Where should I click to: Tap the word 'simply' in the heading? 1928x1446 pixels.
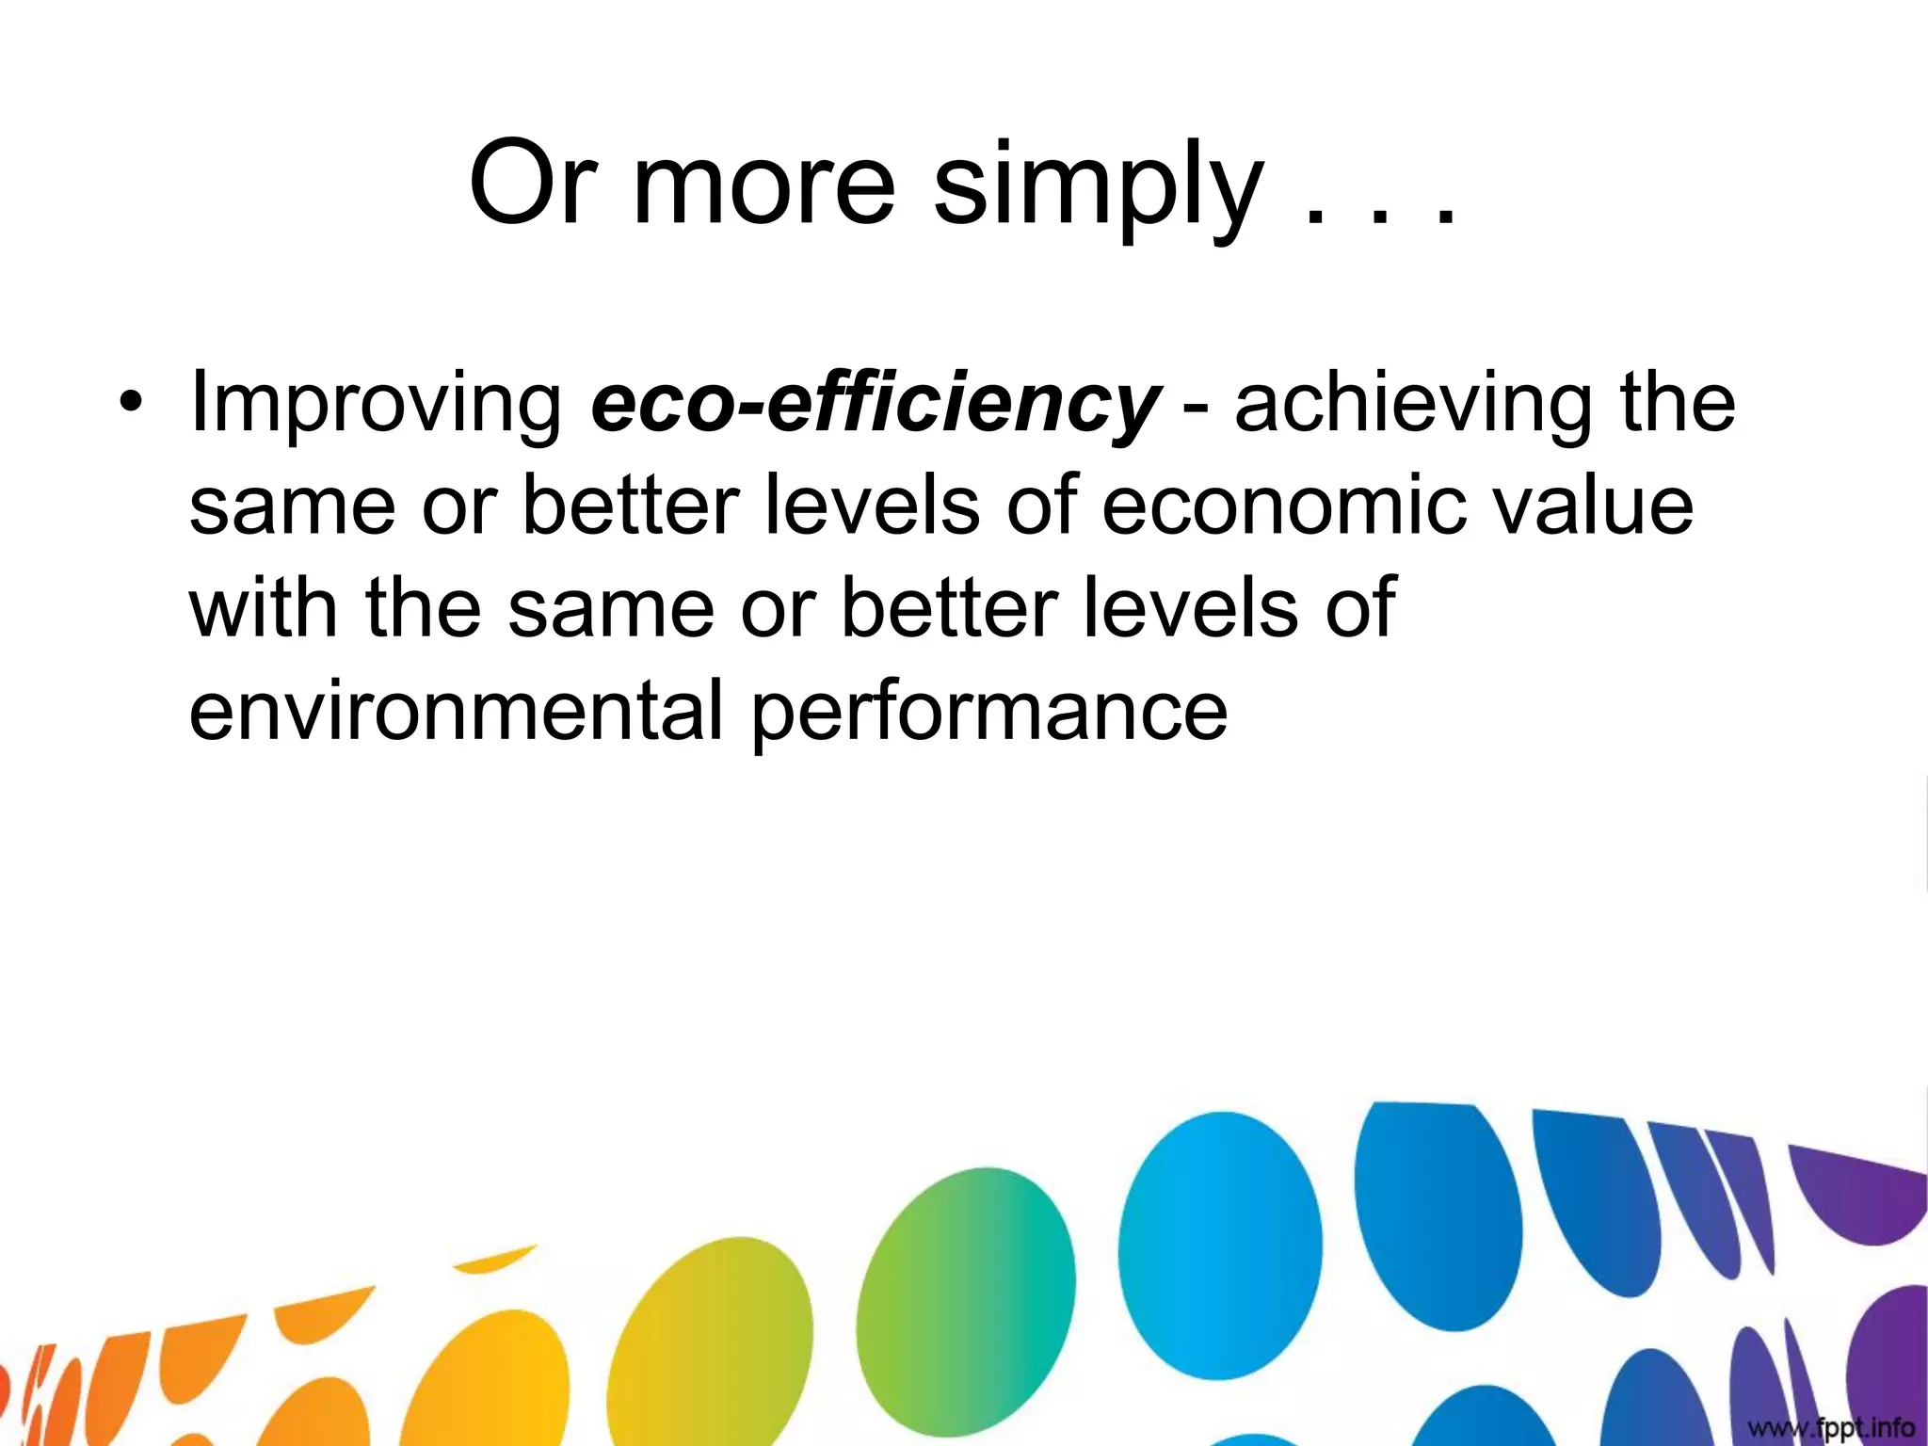tap(1098, 188)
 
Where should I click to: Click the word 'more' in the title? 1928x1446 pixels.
tap(763, 185)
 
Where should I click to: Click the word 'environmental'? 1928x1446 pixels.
tap(456, 710)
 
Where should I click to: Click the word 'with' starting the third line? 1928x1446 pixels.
tap(263, 608)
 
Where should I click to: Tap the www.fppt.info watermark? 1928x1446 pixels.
tap(1830, 1427)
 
